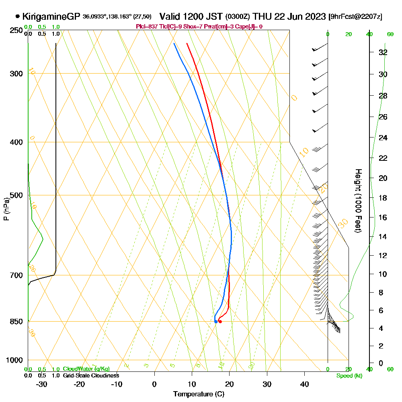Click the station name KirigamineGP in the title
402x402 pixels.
pos(51,16)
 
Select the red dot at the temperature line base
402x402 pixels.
pos(220,322)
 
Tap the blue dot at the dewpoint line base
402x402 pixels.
pos(216,321)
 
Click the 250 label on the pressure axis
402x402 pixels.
pos(16,30)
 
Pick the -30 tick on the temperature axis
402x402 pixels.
pos(42,384)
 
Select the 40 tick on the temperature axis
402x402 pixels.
pos(304,384)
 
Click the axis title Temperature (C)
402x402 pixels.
pos(199,394)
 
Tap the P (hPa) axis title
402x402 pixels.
pos(6,209)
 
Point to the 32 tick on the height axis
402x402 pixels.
pos(383,52)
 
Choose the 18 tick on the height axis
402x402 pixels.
pos(383,197)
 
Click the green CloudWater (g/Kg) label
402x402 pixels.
pos(86,369)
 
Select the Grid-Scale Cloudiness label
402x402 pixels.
pos(91,375)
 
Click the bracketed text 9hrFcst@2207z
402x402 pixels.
pos(355,17)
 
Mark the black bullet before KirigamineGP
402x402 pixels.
pos(17,16)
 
